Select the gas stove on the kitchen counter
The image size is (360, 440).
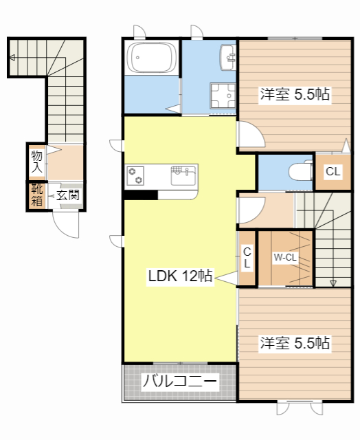pos(135,175)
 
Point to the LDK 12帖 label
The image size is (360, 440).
pos(180,276)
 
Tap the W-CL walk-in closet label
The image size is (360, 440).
pos(285,258)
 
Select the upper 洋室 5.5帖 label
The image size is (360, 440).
pos(295,96)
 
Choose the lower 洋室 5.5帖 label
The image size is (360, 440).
pos(295,342)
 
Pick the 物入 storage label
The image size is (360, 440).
pos(36,162)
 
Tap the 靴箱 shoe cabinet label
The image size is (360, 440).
pos(36,196)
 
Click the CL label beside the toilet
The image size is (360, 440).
pos(333,172)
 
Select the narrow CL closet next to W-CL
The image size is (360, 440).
pos(247,258)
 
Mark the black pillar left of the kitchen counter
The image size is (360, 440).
pos(140,194)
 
